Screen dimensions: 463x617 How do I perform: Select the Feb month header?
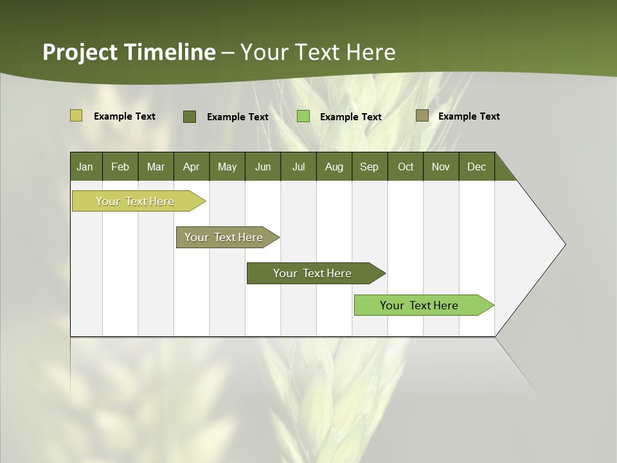[120, 167]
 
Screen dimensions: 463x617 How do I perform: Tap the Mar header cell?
[156, 167]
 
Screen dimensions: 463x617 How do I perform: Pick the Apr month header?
[192, 167]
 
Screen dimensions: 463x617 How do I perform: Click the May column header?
[227, 167]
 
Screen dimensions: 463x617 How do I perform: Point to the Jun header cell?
[263, 167]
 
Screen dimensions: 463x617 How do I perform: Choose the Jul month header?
[298, 167]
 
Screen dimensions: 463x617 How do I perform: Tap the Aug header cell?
[334, 167]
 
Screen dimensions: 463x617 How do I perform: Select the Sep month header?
[370, 167]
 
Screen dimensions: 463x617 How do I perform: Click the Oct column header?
[406, 167]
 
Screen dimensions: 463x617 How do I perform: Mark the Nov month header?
[441, 167]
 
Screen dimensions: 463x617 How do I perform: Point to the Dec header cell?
[477, 167]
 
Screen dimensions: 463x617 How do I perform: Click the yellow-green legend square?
[76, 116]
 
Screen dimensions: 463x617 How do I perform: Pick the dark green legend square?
[190, 116]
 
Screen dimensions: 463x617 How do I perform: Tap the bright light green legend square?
[303, 116]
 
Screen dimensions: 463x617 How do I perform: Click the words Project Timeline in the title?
[129, 52]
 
